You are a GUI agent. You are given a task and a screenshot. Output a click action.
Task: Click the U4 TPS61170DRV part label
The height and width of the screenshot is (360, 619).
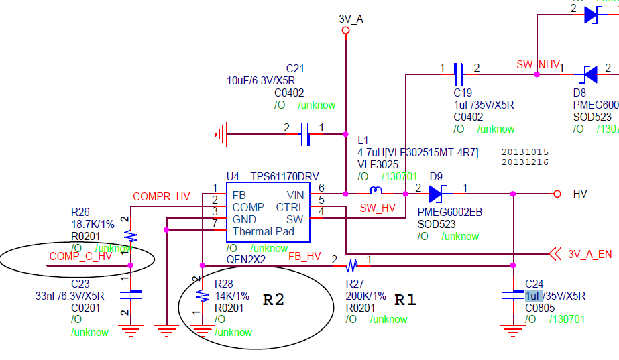(272, 176)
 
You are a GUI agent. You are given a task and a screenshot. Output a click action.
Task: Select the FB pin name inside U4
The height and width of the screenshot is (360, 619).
(239, 194)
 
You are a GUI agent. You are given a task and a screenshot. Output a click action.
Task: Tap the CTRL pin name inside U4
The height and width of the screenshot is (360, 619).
(290, 207)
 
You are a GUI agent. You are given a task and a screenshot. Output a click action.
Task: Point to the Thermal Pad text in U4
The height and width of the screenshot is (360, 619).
(263, 231)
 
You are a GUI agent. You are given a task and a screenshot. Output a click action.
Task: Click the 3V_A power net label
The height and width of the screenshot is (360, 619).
(351, 19)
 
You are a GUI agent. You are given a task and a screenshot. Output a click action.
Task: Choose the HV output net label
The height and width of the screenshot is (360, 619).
(580, 194)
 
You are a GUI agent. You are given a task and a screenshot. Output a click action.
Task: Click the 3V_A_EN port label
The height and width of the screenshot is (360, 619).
(589, 254)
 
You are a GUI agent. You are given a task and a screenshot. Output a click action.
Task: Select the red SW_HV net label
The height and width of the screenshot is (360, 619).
(378, 208)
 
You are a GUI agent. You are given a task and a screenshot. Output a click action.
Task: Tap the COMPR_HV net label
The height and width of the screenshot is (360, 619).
(162, 197)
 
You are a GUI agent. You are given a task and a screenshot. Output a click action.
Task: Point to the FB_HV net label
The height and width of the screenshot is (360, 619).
(304, 256)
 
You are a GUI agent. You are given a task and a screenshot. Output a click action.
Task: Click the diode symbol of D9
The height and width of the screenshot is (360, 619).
(436, 194)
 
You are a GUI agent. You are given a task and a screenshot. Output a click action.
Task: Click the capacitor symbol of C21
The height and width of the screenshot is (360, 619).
(304, 134)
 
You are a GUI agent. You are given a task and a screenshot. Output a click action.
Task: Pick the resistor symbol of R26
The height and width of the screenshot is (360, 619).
(131, 235)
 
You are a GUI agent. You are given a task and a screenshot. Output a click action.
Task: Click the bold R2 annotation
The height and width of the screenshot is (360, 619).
(274, 300)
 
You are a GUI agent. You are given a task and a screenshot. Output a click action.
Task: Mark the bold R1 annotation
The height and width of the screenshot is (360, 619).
(405, 300)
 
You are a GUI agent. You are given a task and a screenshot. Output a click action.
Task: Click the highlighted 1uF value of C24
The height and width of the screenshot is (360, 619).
(534, 296)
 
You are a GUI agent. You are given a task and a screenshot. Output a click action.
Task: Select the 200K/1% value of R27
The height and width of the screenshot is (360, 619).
(366, 296)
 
